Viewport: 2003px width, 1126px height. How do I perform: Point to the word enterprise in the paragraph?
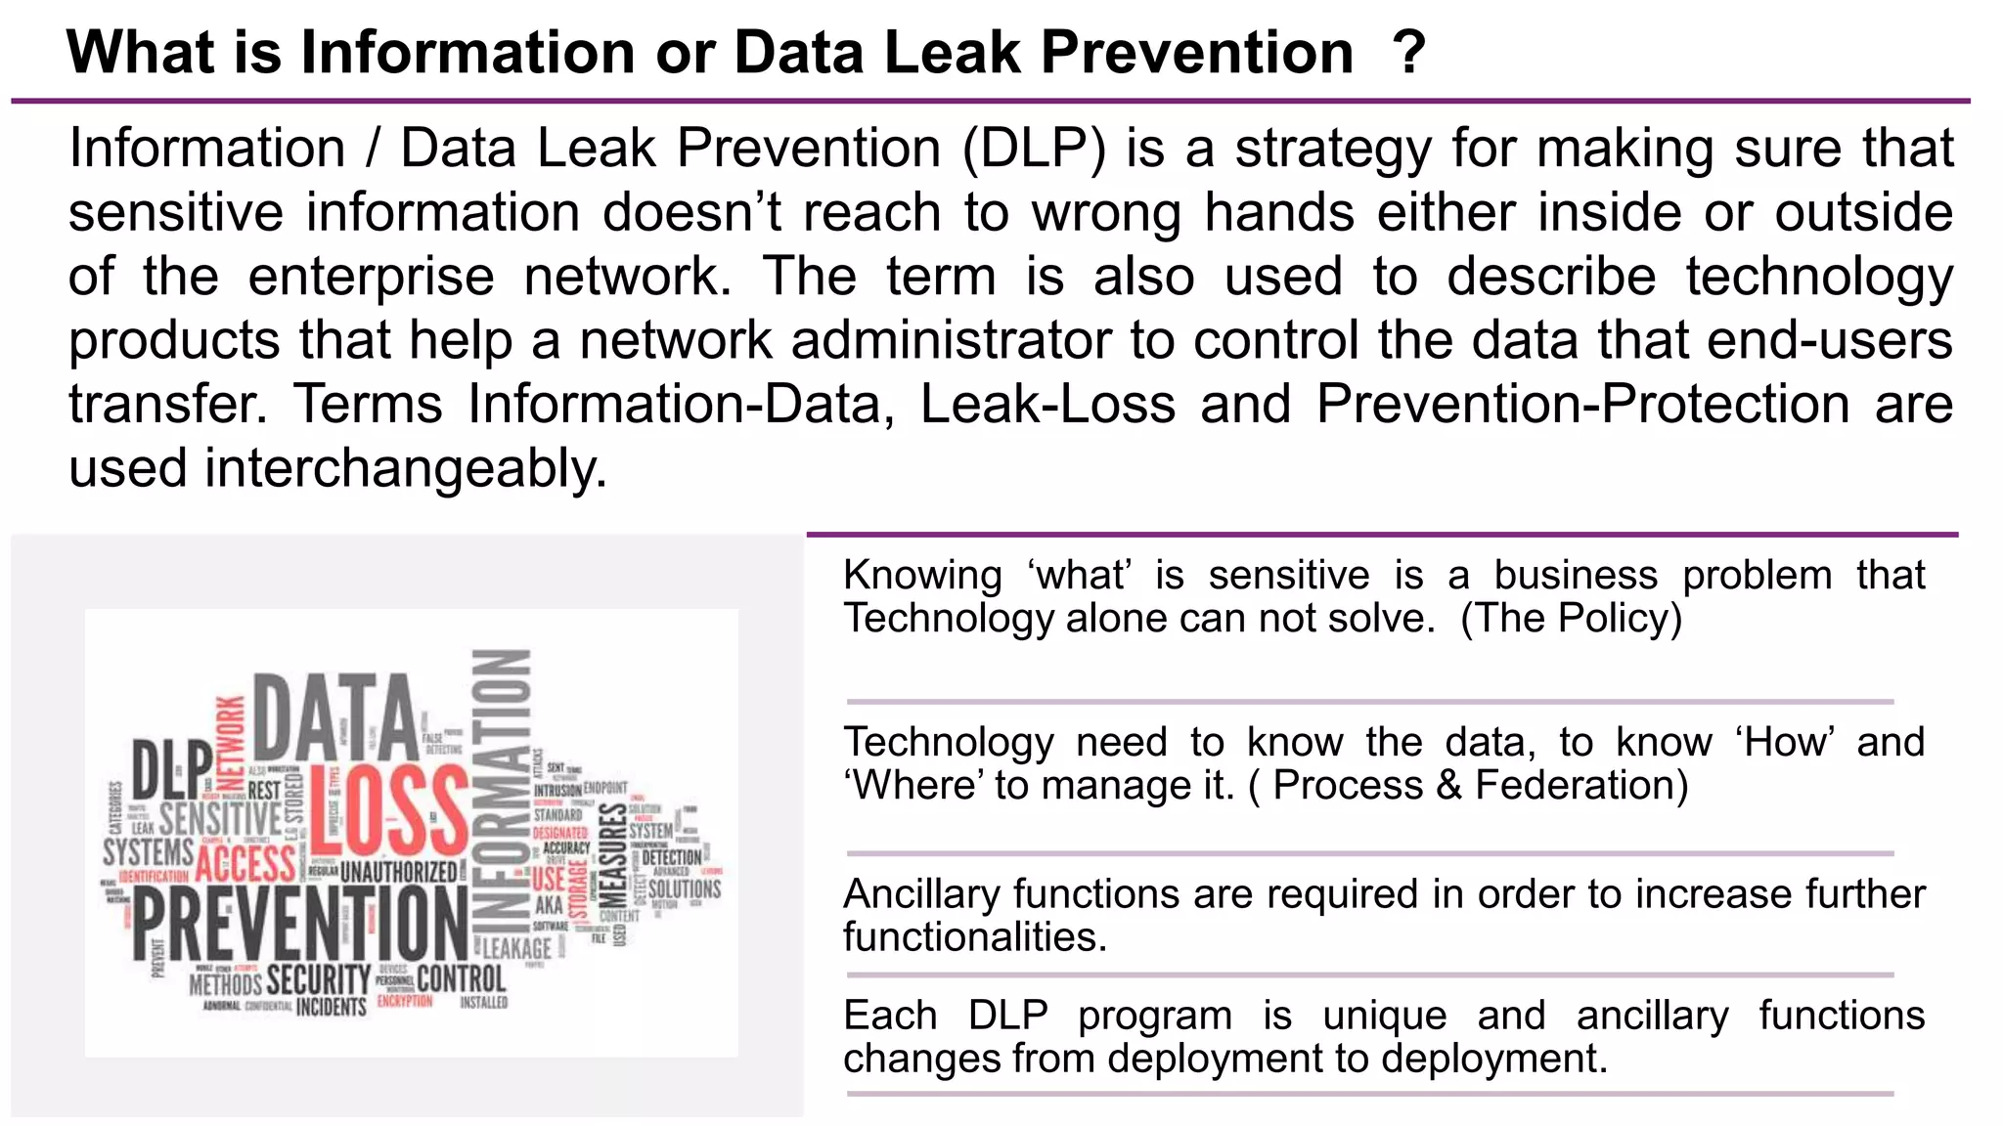[371, 278]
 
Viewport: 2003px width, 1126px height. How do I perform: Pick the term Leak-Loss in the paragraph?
[1047, 405]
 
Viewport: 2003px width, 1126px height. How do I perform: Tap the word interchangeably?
[406, 469]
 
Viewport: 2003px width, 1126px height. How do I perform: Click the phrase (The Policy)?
[1571, 619]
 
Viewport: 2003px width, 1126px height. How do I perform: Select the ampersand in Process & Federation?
[1448, 786]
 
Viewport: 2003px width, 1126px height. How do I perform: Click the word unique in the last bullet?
[1384, 1016]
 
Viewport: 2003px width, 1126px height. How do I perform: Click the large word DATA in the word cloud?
[334, 718]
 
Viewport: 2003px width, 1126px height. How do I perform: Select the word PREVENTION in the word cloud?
[299, 924]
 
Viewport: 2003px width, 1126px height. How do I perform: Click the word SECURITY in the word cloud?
[318, 979]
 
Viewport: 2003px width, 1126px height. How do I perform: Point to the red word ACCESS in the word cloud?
[245, 864]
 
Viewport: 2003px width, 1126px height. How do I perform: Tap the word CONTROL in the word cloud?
[461, 978]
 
